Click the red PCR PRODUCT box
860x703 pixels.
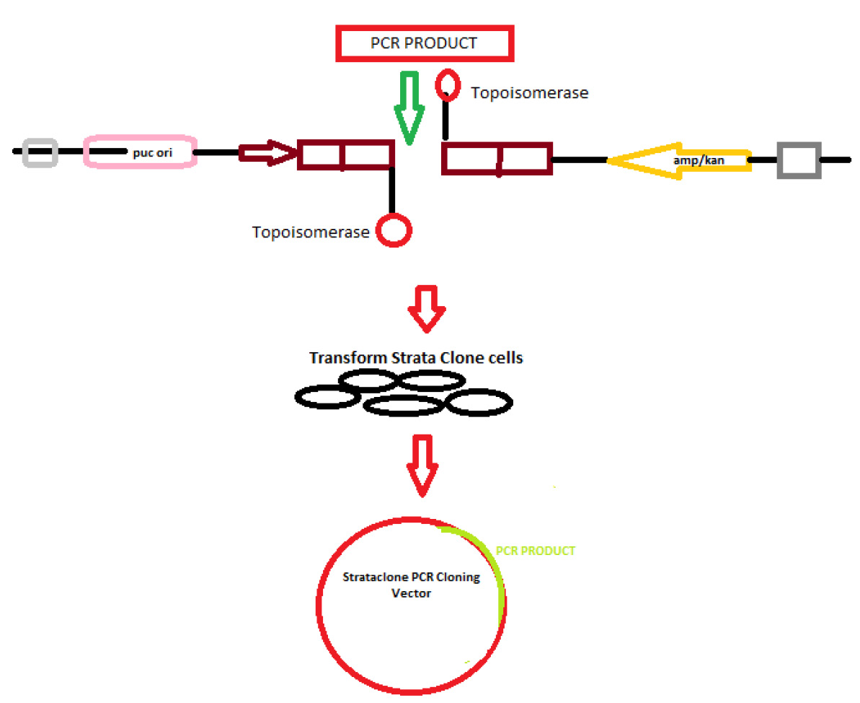pos(423,43)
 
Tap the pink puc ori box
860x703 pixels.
pos(141,152)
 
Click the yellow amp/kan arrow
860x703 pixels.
pos(678,160)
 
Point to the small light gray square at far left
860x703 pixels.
pos(40,152)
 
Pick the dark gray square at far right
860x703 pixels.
pos(799,160)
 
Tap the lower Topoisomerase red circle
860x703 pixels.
pos(395,231)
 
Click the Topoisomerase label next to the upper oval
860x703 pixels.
pos(529,93)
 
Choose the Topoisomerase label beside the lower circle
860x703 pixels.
pos(311,232)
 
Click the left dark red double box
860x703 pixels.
pos(346,155)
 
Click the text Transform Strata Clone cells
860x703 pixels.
pos(416,357)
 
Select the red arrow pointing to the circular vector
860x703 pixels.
pos(422,464)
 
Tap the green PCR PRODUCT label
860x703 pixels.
pos(536,551)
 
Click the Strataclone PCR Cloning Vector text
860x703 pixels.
pos(411,584)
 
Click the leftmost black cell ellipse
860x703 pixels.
pos(328,396)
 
